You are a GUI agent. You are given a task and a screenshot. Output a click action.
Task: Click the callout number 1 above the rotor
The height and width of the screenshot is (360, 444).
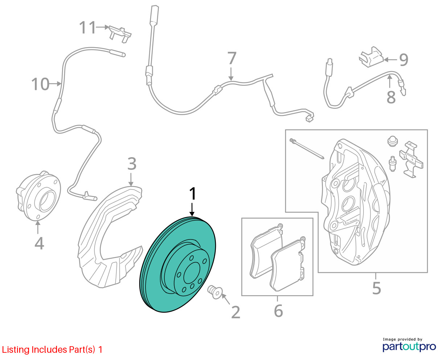193,194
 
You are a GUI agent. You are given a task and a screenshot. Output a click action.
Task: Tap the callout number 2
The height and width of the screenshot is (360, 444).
235,312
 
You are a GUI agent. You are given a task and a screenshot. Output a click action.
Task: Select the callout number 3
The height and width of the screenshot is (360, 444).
132,164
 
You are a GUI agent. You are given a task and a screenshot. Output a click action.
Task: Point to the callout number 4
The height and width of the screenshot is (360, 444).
39,243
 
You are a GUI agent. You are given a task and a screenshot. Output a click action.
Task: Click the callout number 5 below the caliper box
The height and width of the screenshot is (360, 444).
377,288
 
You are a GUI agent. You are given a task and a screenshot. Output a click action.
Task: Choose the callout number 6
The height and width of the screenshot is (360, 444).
279,311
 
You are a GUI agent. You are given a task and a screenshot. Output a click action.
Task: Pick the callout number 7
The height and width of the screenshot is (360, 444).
232,58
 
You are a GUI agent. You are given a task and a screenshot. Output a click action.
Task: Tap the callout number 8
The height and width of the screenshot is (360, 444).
391,97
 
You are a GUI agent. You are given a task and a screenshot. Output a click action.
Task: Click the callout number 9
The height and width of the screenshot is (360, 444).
404,60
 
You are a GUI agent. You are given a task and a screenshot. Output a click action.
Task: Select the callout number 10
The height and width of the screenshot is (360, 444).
40,84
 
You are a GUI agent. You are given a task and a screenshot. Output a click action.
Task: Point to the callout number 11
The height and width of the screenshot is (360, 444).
87,27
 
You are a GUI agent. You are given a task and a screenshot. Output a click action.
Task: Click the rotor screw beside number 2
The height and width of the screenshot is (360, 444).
215,292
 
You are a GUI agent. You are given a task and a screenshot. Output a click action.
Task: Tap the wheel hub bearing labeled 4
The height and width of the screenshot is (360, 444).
38,196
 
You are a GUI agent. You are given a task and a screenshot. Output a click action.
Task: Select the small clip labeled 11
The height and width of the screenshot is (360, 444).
120,34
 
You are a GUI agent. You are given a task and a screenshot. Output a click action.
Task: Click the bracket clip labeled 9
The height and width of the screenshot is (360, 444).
371,57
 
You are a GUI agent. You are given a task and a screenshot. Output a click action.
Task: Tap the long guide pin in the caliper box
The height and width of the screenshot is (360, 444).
307,148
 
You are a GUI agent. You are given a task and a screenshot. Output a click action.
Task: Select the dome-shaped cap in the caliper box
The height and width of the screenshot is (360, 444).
392,141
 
